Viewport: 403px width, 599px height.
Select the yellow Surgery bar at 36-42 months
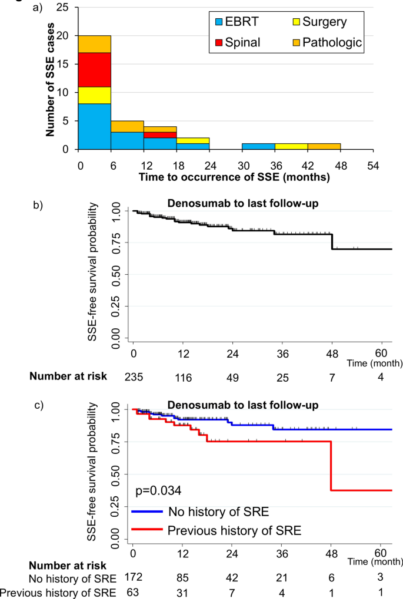pyautogui.click(x=291, y=146)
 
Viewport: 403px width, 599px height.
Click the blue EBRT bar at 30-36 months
pyautogui.click(x=258, y=146)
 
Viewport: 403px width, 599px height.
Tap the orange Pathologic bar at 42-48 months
pyautogui.click(x=324, y=146)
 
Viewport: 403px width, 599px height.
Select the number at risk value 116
pyautogui.click(x=184, y=376)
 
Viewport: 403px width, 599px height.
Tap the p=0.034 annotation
pyautogui.click(x=158, y=490)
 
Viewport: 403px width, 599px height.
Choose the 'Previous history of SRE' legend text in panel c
pyautogui.click(x=234, y=531)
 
